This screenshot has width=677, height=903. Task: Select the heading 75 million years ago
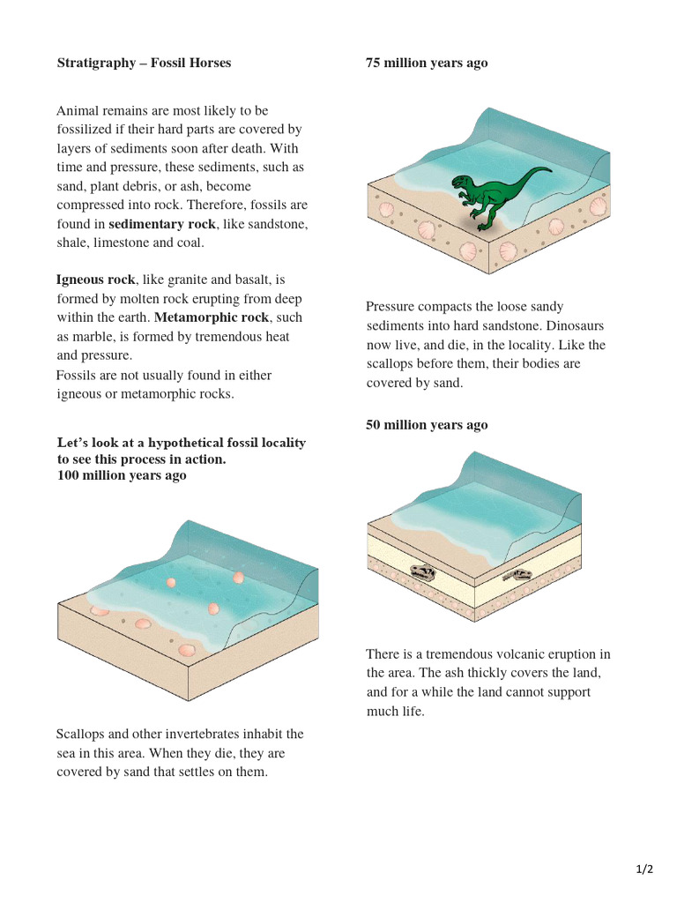click(x=427, y=63)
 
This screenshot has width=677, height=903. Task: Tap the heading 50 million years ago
click(x=427, y=425)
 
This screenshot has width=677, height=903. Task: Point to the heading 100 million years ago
click(x=122, y=475)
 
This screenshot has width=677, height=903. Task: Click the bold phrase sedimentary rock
click(x=161, y=224)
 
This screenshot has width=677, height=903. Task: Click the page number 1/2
click(x=644, y=869)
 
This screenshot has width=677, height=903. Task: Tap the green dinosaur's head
click(x=461, y=183)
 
